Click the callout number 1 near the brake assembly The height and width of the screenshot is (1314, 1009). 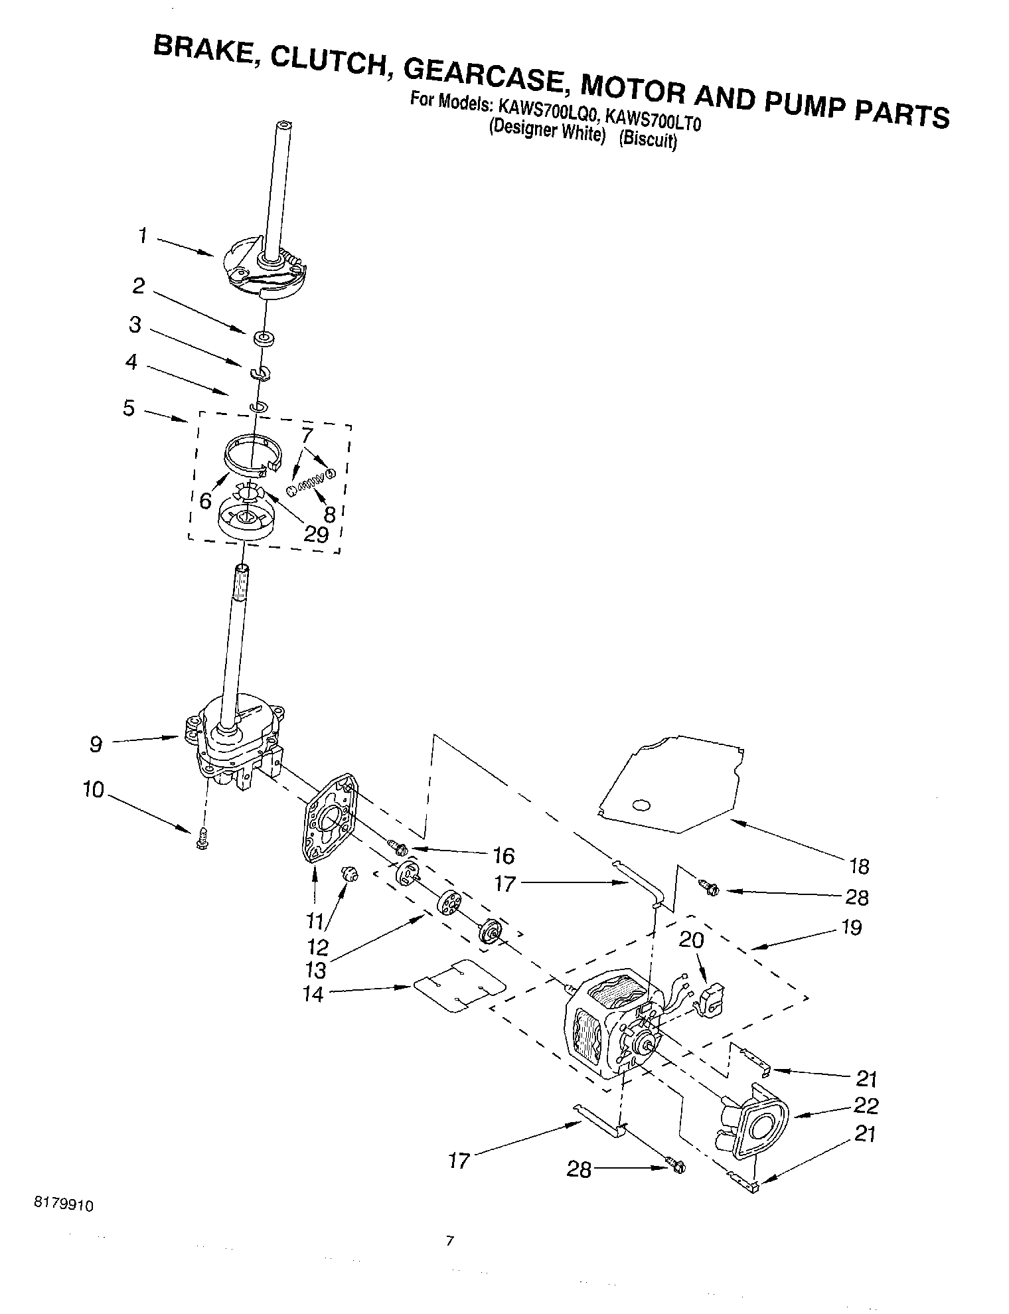click(x=143, y=236)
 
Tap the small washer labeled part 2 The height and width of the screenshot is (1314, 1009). click(x=265, y=340)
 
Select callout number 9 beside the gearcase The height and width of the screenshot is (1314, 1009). click(x=96, y=744)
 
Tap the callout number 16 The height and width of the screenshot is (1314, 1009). click(x=504, y=856)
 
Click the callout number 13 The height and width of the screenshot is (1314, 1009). click(x=315, y=970)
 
